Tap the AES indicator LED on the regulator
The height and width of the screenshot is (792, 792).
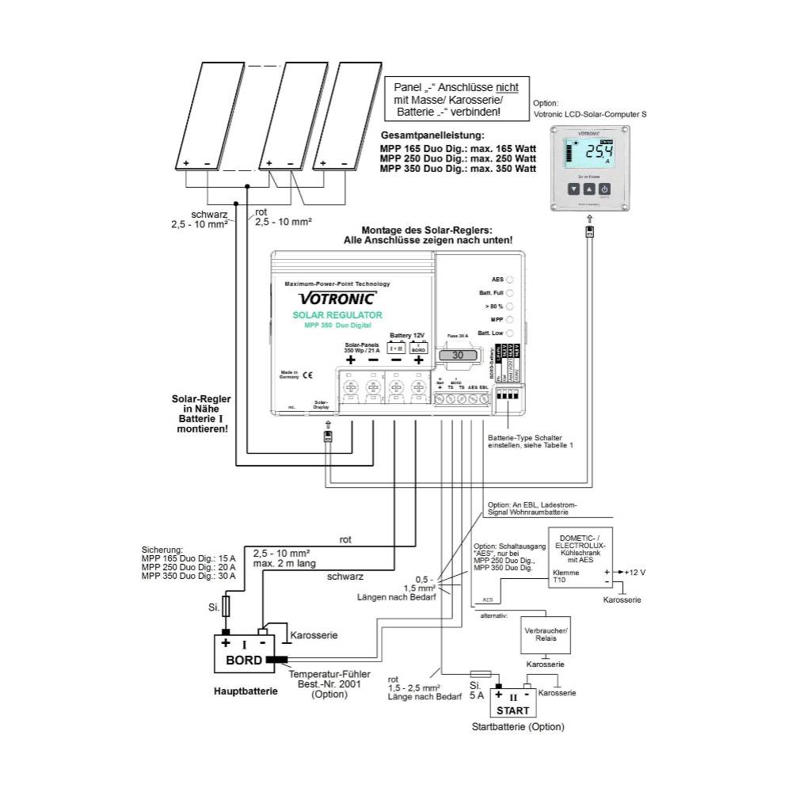(510, 280)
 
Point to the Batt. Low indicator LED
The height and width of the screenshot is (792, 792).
(510, 333)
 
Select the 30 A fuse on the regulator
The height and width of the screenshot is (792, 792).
(458, 356)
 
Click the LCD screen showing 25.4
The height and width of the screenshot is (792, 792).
(590, 154)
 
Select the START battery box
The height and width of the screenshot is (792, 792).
(512, 704)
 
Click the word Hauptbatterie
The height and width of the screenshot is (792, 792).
(246, 691)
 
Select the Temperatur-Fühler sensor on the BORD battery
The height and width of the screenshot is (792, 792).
(277, 658)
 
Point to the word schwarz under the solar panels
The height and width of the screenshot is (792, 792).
(208, 215)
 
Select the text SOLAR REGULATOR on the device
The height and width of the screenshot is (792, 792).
(337, 315)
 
